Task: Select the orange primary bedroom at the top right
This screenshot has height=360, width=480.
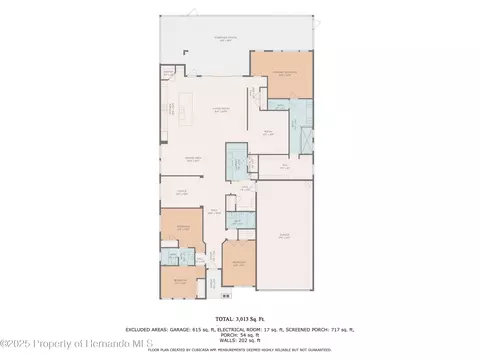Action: click(x=281, y=75)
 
